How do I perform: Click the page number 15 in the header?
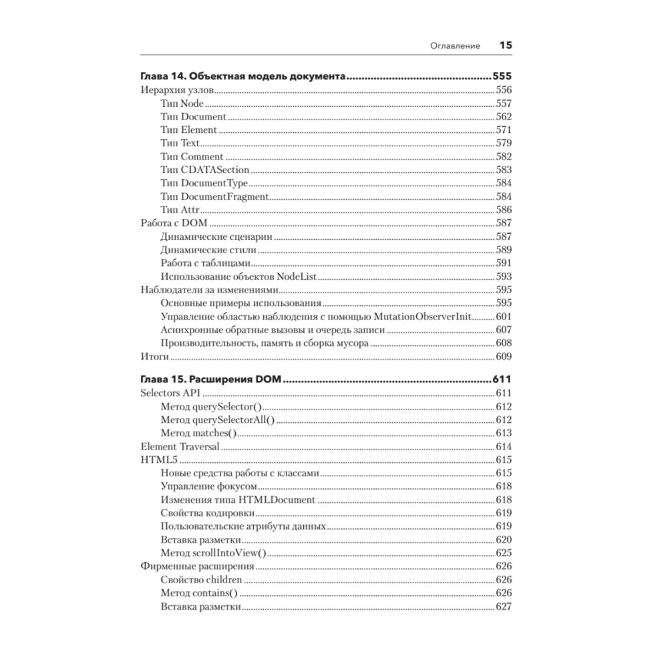point(505,46)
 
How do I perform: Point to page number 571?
point(503,130)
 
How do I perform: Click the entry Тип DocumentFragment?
point(214,196)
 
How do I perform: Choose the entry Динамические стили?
point(208,250)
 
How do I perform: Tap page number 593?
point(503,277)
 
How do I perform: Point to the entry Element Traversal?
point(180,446)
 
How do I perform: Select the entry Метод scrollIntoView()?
point(213,553)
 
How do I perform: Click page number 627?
point(503,607)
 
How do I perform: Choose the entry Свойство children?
point(201,580)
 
